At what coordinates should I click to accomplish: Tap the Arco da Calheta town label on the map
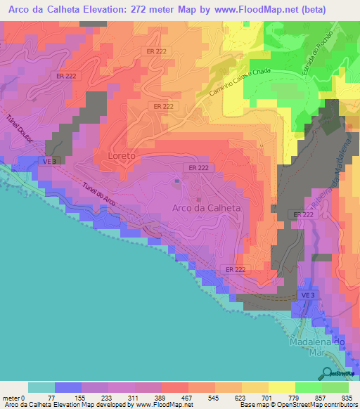coord(207,208)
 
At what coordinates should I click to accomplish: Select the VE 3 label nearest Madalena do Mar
coord(306,297)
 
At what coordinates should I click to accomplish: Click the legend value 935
coord(347,398)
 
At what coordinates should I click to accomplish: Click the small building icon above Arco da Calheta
coord(176,182)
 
